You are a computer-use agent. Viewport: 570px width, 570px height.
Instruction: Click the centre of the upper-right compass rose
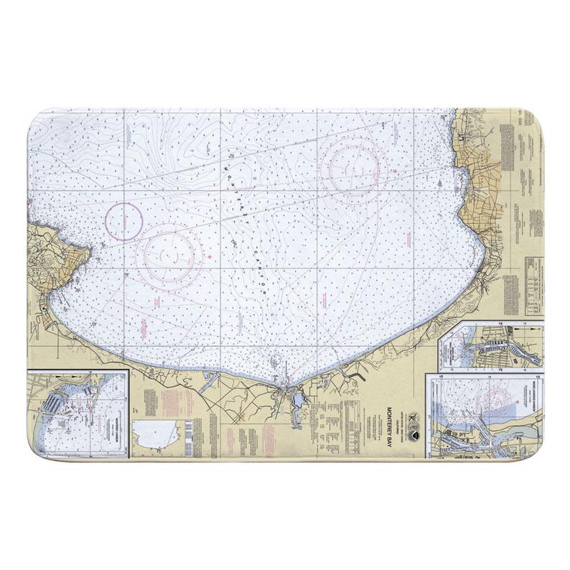coord(350,169)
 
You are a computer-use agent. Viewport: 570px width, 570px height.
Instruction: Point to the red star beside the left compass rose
coord(208,255)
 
